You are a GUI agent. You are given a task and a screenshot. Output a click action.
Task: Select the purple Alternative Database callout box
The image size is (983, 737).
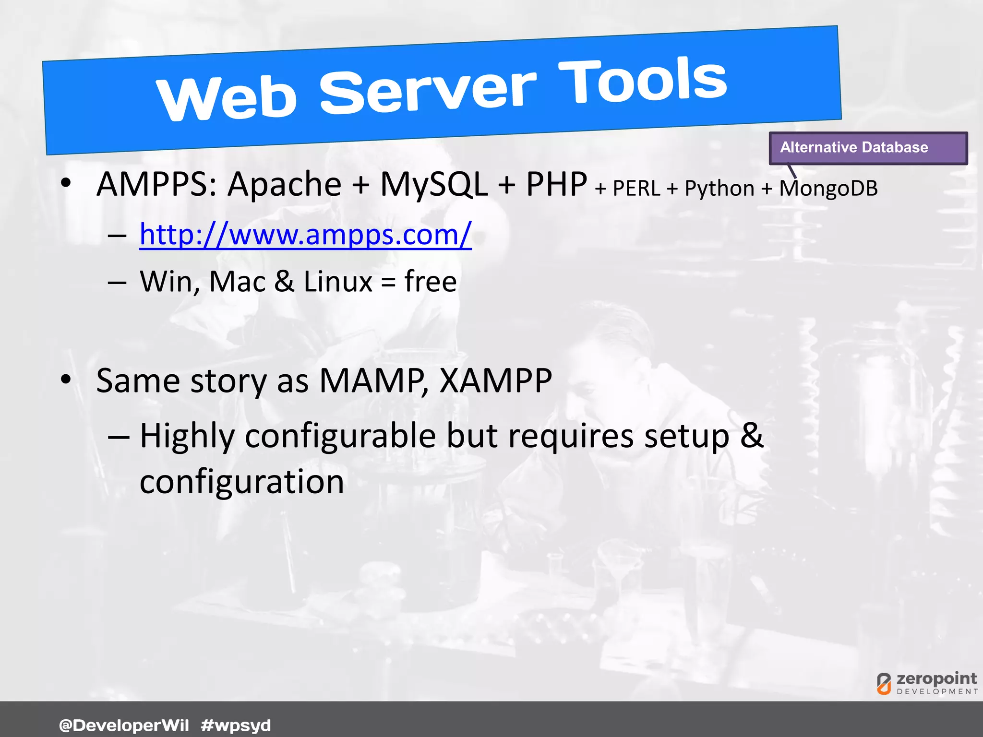[868, 148]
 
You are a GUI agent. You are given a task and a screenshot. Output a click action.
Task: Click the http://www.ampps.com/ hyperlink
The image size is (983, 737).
[305, 235]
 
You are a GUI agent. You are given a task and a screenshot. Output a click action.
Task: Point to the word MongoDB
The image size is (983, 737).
[828, 188]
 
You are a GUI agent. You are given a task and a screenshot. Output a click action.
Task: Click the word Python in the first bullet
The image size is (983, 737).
[719, 188]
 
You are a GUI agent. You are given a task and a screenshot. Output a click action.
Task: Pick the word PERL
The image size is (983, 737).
[636, 188]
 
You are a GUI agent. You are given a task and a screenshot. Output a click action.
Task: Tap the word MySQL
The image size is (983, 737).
[434, 184]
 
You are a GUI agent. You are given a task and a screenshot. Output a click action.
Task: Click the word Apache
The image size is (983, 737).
[284, 184]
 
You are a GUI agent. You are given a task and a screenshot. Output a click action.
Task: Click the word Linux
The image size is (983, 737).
[338, 281]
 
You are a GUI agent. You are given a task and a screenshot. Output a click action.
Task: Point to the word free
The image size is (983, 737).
[430, 281]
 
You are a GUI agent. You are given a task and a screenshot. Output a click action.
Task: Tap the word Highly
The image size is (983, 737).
[187, 437]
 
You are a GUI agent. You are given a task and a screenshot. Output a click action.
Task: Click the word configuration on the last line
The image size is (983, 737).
[242, 482]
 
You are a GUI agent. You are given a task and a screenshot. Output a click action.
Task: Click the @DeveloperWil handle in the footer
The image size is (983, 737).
[124, 725]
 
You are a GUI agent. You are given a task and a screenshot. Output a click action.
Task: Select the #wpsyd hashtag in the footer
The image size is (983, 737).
[236, 725]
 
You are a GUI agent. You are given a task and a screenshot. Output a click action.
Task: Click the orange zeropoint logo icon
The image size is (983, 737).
[884, 683]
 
